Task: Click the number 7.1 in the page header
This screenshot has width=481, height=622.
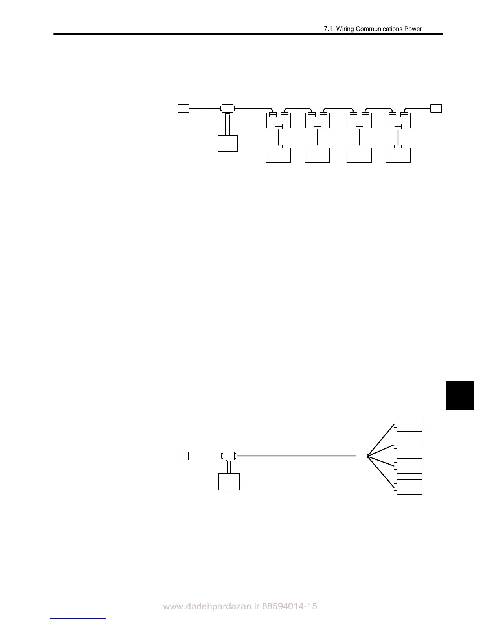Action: pos(328,29)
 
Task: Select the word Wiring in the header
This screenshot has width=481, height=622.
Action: pos(345,29)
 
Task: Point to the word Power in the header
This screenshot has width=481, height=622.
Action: pos(413,29)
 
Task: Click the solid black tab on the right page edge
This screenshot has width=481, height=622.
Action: pos(460,395)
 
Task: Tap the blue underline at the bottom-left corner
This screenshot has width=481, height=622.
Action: pos(78,618)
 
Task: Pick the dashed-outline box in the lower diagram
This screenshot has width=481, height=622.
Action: pos(362,456)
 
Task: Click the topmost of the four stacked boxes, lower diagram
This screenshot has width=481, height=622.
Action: pos(409,423)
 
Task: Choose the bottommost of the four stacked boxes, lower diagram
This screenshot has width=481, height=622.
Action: pos(409,487)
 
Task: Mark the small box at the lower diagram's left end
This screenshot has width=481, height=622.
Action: pos(183,456)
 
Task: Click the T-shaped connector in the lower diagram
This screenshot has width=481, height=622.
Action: pos(228,456)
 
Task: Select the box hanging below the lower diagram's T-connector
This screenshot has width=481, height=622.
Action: pos(229,482)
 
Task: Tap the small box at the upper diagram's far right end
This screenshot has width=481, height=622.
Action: pos(436,108)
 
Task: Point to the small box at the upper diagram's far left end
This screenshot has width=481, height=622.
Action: pos(183,108)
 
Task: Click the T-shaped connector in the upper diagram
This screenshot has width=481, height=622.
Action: pos(227,108)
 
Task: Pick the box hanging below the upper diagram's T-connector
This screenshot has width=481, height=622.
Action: pos(228,143)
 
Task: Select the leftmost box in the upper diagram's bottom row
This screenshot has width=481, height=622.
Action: pos(278,155)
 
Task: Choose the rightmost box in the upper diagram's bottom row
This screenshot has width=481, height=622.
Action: pos(398,155)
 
